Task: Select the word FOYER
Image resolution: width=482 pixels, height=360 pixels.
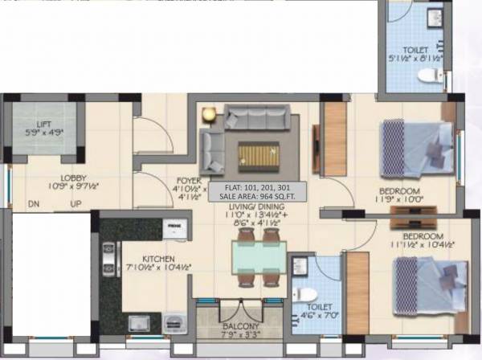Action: (x=189, y=181)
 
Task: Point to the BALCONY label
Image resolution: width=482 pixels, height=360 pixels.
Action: (x=240, y=326)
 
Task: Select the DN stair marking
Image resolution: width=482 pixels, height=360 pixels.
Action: (x=34, y=205)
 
